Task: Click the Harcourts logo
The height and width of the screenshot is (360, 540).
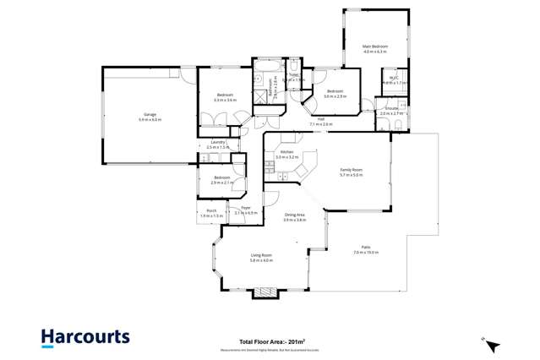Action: click(x=86, y=337)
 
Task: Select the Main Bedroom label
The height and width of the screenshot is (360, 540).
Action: click(x=374, y=47)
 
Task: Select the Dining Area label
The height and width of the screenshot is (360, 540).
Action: click(x=294, y=215)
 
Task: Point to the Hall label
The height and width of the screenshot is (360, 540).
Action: click(x=321, y=120)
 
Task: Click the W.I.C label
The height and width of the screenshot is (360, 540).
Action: click(x=394, y=80)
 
